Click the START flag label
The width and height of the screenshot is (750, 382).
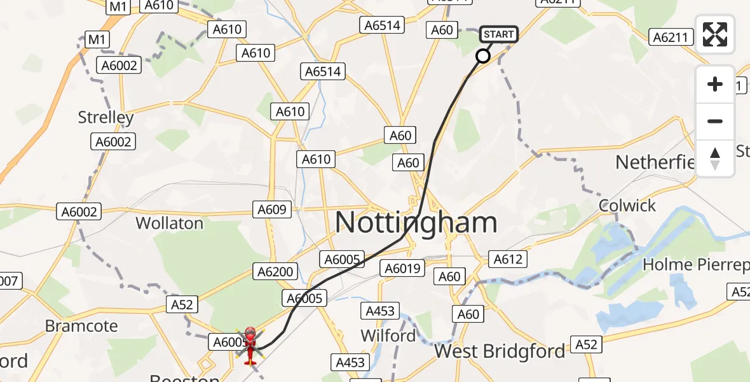(x=499, y=34)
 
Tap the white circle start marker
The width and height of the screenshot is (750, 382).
(x=483, y=56)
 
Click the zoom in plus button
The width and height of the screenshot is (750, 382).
(x=715, y=85)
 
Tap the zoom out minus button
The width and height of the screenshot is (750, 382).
(x=715, y=121)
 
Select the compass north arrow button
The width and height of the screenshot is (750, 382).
(x=715, y=158)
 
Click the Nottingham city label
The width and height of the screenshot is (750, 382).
(x=416, y=223)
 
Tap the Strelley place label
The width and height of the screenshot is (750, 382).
(x=106, y=117)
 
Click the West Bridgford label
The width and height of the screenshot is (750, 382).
(x=500, y=351)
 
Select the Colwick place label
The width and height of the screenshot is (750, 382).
(x=627, y=206)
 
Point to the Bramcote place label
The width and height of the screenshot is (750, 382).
(x=81, y=326)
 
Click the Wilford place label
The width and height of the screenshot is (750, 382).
(x=388, y=335)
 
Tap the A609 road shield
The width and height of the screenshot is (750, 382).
(x=273, y=209)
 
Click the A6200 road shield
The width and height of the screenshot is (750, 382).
(x=276, y=272)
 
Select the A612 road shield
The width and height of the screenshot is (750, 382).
(x=507, y=258)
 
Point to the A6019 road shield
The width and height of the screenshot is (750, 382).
(x=404, y=269)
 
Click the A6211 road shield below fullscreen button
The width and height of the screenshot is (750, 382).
(x=671, y=37)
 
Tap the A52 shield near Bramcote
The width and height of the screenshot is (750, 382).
(x=182, y=304)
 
